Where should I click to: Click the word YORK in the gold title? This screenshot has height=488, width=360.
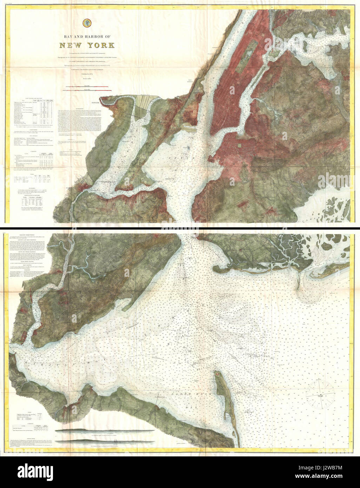[99, 45]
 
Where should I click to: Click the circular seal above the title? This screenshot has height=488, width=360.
[86, 24]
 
